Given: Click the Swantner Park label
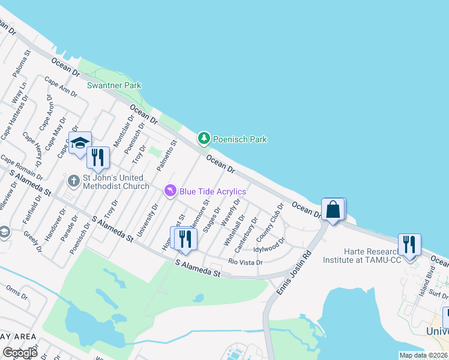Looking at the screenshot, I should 114,85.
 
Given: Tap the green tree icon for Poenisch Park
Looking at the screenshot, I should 204,139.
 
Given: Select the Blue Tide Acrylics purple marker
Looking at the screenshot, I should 170,191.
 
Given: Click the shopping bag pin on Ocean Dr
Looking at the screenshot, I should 333,209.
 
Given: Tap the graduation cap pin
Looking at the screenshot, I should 79,143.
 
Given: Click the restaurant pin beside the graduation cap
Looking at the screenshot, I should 98,157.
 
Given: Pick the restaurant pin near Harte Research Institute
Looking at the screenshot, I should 409,245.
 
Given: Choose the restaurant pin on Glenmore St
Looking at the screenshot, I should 185,239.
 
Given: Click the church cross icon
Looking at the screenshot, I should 73,180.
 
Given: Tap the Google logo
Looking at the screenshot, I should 20,353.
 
